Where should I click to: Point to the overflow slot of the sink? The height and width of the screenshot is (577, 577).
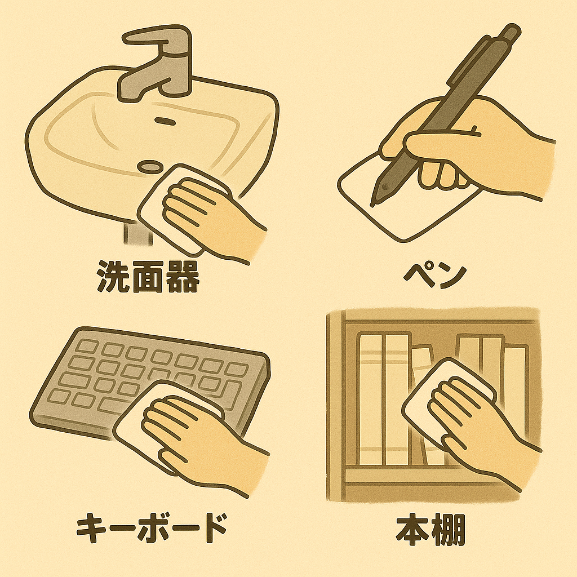165,121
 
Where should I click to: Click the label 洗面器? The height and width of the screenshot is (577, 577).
147,277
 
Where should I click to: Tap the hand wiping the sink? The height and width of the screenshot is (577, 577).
214,217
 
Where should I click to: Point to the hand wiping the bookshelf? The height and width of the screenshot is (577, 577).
482,430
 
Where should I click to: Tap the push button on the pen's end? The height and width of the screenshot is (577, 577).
512,32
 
